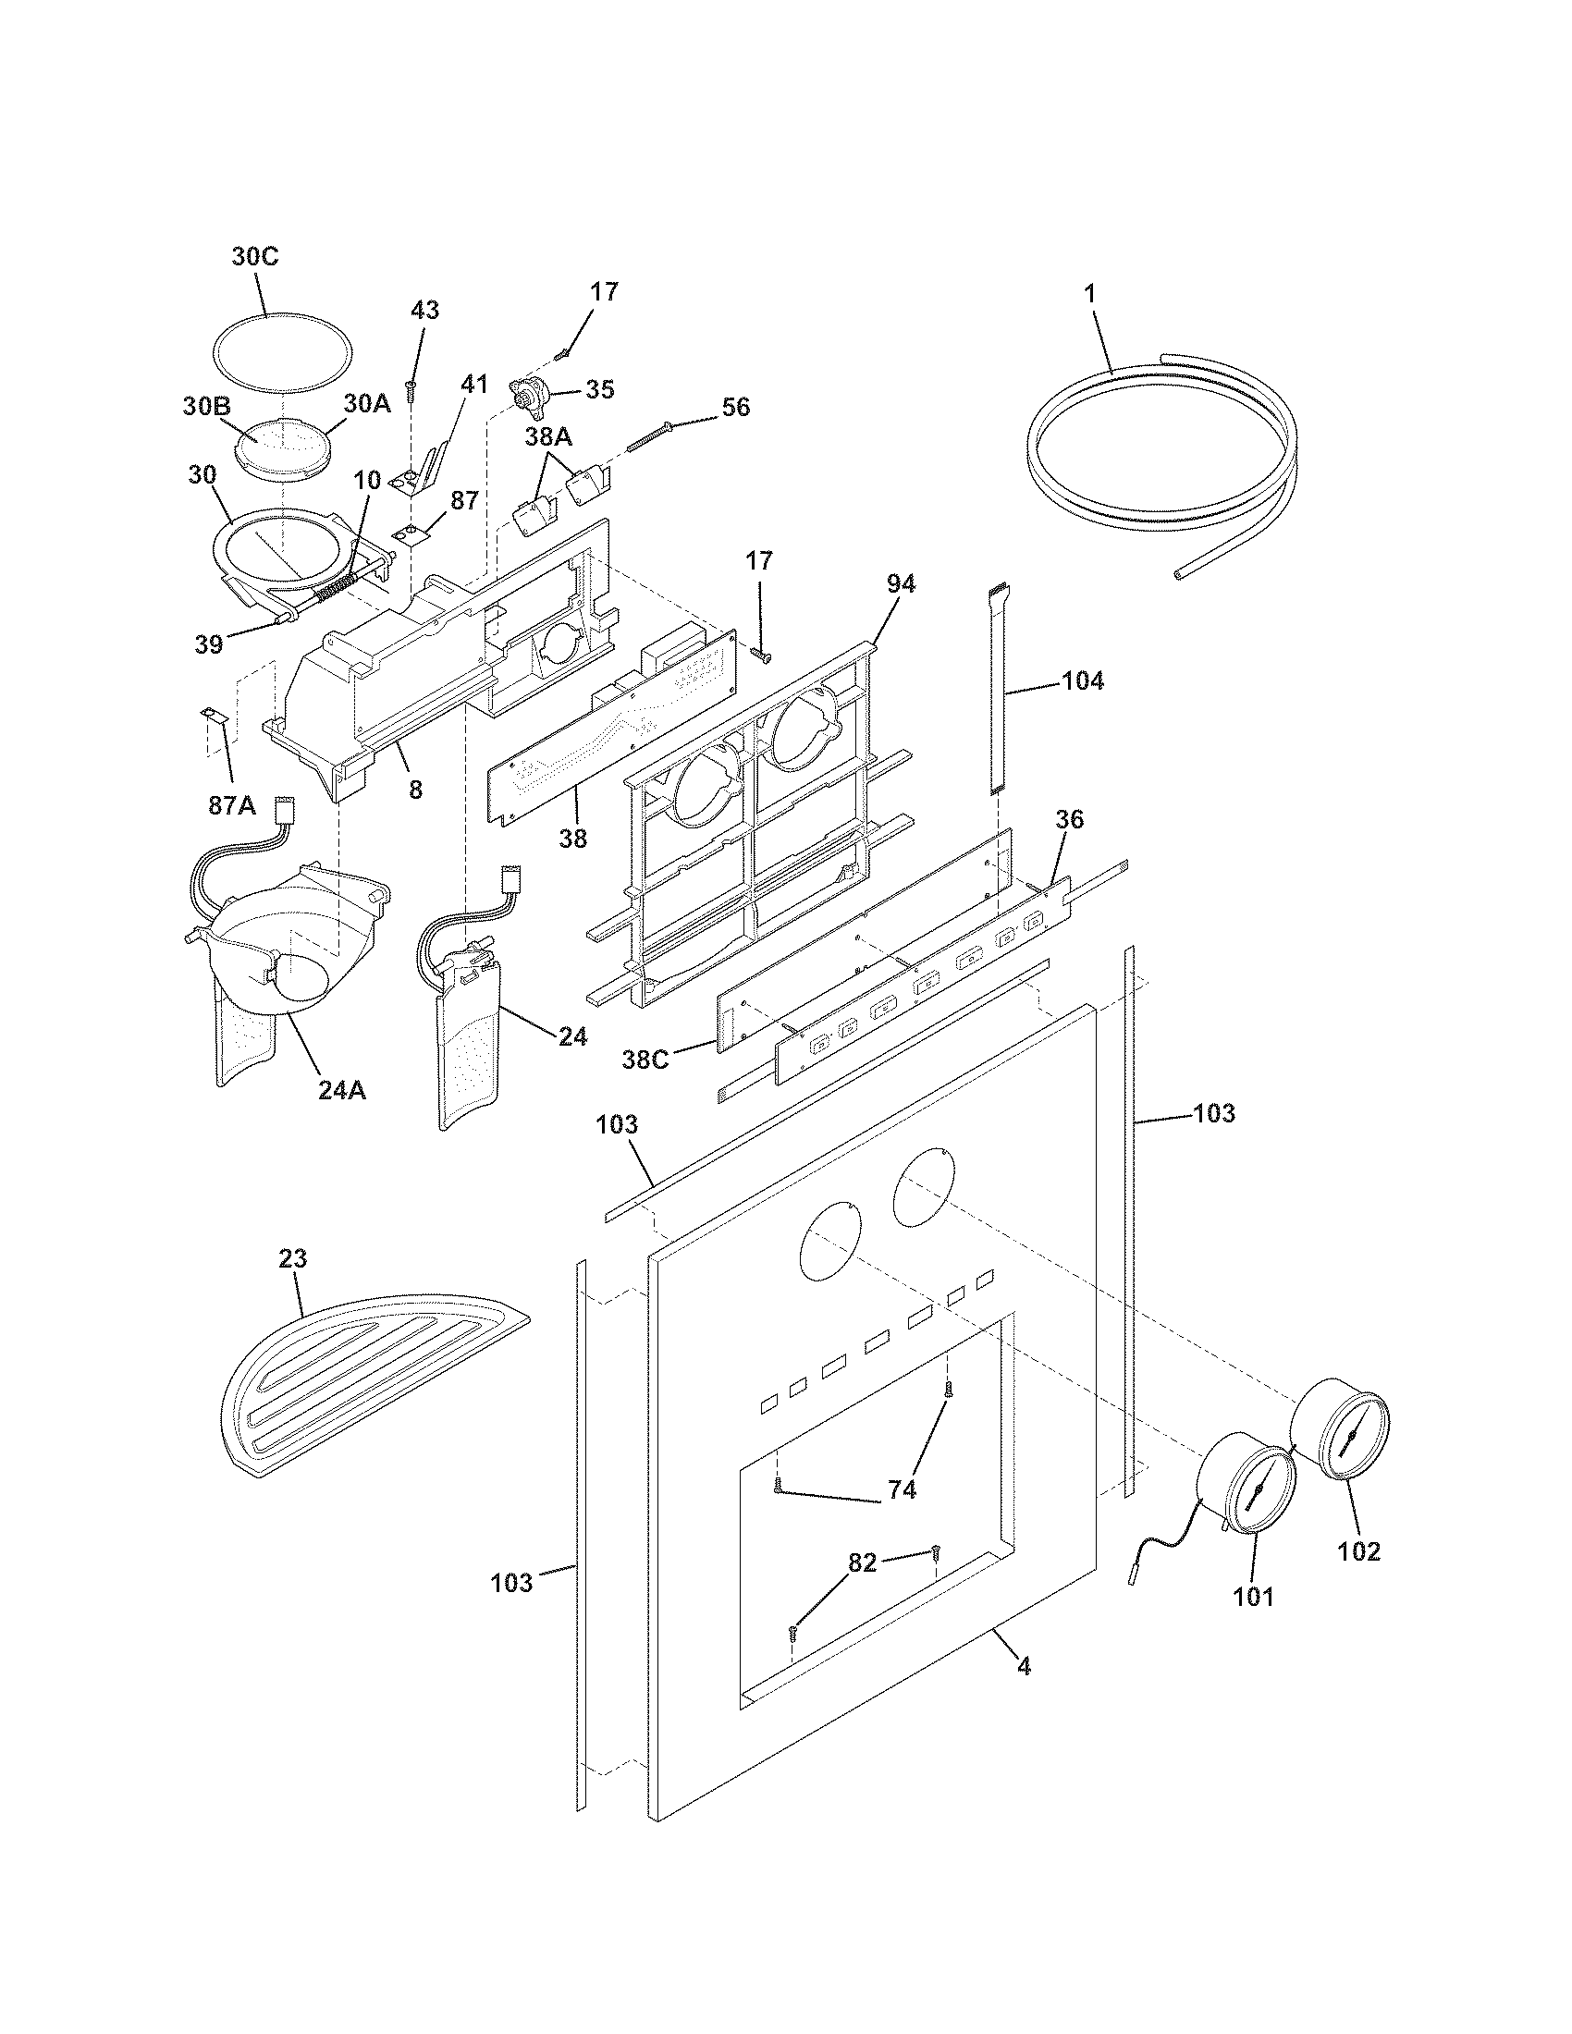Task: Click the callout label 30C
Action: [x=254, y=257]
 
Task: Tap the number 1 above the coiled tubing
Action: [x=1089, y=292]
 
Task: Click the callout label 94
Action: [x=900, y=584]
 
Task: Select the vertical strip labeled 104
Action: [x=999, y=689]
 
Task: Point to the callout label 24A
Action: [x=342, y=1090]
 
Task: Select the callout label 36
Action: [x=1069, y=819]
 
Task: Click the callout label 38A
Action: [x=547, y=437]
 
